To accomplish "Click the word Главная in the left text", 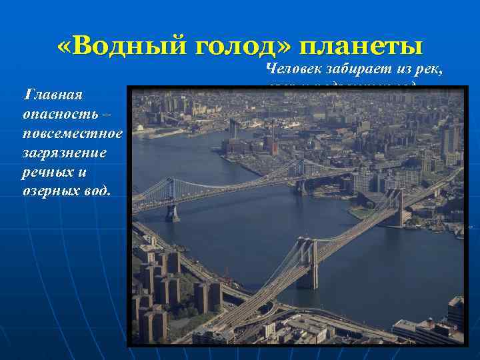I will coord(53,95).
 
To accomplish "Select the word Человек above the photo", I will coord(296,67).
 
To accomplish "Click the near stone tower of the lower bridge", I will coord(307,263).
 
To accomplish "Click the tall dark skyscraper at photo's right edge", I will coord(449,139).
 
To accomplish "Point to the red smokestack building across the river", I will coord(271,140).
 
